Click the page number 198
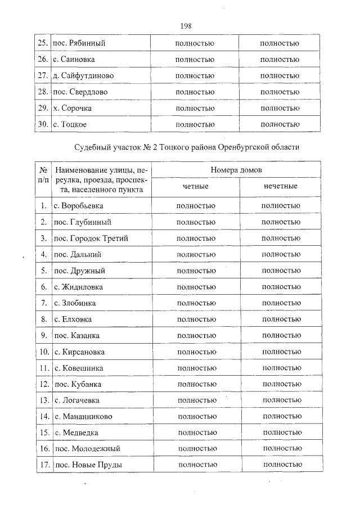187,25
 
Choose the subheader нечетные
280,186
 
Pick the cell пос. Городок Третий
90,238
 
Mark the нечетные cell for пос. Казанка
281,335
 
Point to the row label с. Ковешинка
79,368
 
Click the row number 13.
43,400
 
